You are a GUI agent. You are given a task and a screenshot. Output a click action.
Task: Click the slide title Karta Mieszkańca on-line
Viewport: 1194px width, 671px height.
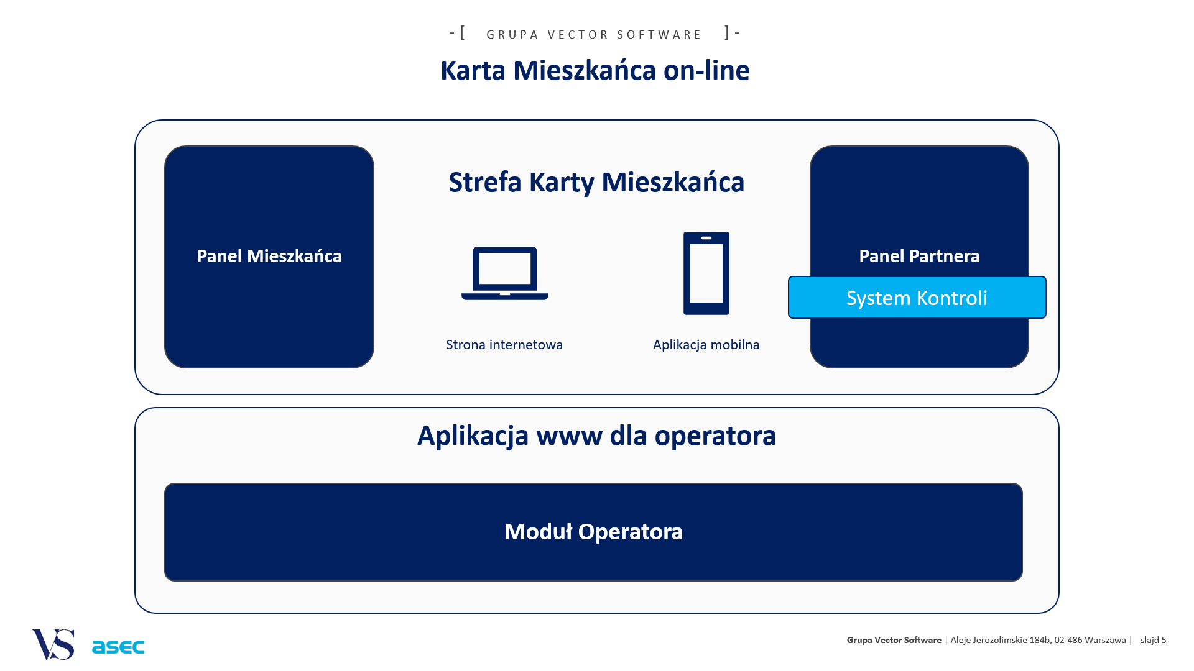pyautogui.click(x=595, y=70)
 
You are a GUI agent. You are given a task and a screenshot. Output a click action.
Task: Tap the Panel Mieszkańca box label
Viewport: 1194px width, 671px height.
pyautogui.click(x=269, y=256)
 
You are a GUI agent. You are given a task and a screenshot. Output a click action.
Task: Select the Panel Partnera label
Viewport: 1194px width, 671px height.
pyautogui.click(x=919, y=256)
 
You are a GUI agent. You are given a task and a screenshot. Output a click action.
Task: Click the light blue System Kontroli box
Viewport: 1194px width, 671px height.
pyautogui.click(x=917, y=298)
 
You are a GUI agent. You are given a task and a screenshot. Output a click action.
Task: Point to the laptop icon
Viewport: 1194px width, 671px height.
pyautogui.click(x=505, y=273)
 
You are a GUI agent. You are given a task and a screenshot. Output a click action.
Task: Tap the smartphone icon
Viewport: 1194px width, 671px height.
pyautogui.click(x=706, y=273)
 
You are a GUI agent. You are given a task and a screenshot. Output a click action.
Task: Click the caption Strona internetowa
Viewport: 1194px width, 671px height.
pyautogui.click(x=504, y=345)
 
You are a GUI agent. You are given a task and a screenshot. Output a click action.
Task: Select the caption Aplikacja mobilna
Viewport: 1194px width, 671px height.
pyautogui.click(x=706, y=345)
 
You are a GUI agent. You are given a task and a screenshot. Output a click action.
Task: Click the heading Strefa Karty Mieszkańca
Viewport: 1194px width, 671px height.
pyautogui.click(x=596, y=183)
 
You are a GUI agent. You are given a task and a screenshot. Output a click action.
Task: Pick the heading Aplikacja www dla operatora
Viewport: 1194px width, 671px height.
pyautogui.click(x=596, y=436)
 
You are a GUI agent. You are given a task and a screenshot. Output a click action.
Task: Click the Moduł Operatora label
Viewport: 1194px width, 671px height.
pyautogui.click(x=593, y=532)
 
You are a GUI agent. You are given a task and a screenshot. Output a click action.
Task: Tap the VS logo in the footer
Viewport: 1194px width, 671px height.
pyautogui.click(x=53, y=644)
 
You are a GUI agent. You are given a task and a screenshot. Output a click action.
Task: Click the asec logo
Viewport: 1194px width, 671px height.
pyautogui.click(x=118, y=647)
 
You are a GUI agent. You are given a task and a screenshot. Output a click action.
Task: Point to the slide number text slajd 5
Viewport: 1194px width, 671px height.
pyautogui.click(x=1154, y=640)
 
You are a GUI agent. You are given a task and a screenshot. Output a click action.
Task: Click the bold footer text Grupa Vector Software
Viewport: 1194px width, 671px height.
pyautogui.click(x=894, y=640)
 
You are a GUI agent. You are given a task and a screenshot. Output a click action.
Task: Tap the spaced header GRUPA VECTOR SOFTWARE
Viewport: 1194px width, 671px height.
pyautogui.click(x=594, y=35)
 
